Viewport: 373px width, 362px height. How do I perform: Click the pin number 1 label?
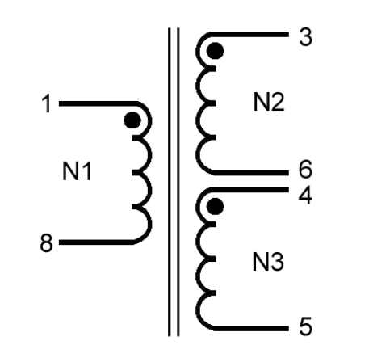click(47, 103)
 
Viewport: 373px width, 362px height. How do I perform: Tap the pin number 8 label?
click(46, 242)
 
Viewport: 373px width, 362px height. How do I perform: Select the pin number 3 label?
click(305, 37)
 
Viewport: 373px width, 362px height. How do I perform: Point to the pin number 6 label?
click(305, 169)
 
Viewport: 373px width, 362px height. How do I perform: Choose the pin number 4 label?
click(305, 196)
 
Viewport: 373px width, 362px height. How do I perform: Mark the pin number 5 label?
click(305, 326)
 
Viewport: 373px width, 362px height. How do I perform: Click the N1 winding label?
click(77, 171)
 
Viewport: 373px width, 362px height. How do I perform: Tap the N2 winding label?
click(269, 102)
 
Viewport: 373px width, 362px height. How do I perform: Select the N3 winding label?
click(268, 262)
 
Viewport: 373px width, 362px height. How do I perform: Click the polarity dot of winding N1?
click(132, 120)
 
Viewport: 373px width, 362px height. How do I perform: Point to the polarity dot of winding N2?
click(215, 51)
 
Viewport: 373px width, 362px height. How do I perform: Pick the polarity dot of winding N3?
click(215, 207)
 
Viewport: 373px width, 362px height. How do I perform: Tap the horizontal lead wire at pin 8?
click(95, 242)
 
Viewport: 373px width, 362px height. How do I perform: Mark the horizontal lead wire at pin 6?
click(251, 173)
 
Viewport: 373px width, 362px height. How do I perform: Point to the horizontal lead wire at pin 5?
click(251, 328)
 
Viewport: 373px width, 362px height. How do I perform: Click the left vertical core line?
click(170, 182)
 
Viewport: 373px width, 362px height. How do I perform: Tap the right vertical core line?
click(178, 182)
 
